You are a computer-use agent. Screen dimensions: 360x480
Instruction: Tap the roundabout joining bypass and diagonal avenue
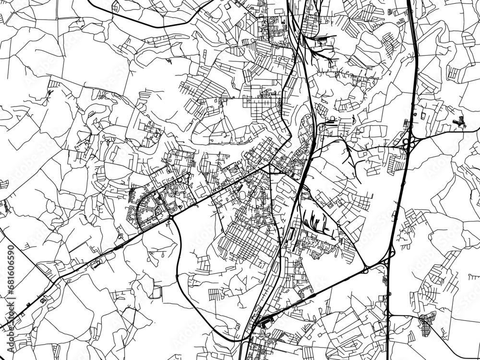click(x=171, y=218)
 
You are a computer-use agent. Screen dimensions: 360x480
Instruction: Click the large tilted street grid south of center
click(x=250, y=240)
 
